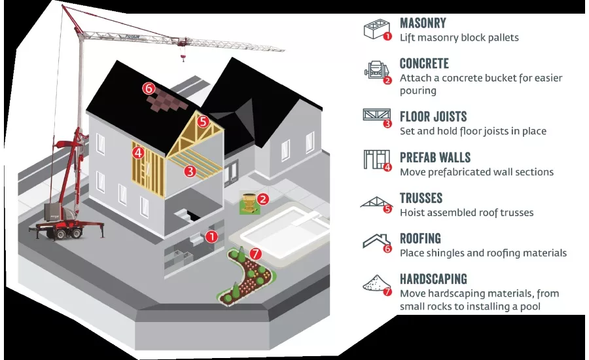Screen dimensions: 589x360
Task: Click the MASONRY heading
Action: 423,24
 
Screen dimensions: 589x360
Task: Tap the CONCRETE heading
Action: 424,63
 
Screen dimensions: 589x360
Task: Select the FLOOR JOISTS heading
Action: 433,117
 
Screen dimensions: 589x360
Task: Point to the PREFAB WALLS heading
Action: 435,158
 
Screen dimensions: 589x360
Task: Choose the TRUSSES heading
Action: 421,198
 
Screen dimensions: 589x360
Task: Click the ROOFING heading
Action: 420,239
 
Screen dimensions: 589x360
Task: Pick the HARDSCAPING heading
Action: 433,279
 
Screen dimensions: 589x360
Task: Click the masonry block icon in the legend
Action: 376,29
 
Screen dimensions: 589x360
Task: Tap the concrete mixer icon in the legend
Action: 376,70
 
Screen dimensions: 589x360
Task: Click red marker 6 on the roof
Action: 149,88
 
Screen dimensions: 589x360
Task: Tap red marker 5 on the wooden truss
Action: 203,121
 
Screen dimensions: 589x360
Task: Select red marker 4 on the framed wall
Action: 138,153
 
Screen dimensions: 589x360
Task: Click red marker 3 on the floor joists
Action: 190,171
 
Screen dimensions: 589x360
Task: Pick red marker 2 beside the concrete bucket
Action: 263,199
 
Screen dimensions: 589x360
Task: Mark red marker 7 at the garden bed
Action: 255,254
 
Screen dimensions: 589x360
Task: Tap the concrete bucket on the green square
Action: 248,203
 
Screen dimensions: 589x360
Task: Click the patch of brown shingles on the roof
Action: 167,100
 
